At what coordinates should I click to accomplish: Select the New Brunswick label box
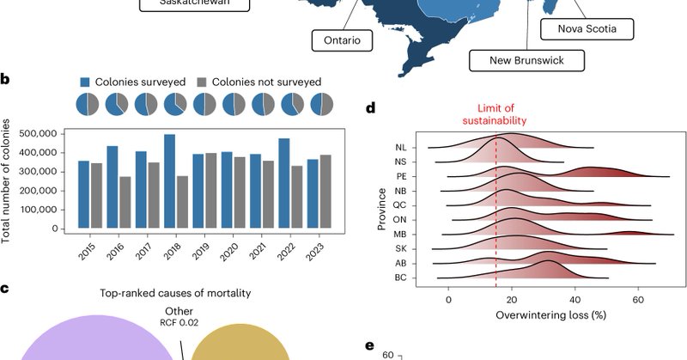click(x=525, y=60)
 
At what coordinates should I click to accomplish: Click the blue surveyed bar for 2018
click(x=169, y=182)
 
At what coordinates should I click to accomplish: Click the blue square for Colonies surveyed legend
click(x=86, y=82)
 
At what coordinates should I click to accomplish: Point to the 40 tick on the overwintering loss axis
click(x=575, y=298)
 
